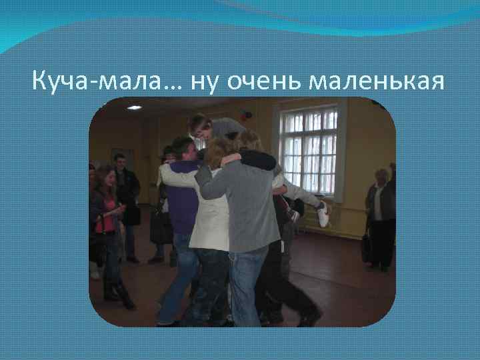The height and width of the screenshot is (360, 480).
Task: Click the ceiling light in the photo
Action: pyautogui.click(x=135, y=107)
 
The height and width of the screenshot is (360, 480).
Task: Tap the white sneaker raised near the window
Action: pyautogui.click(x=323, y=214)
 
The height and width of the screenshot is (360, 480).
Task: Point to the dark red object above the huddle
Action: pyautogui.click(x=247, y=115)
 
